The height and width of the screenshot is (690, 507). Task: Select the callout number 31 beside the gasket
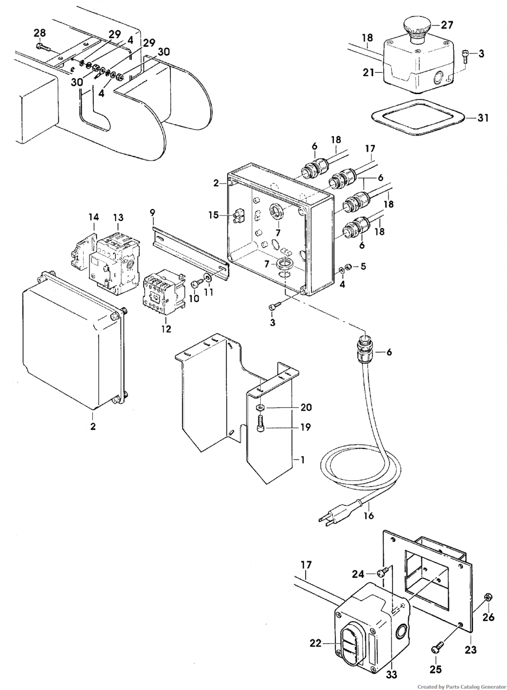click(x=482, y=118)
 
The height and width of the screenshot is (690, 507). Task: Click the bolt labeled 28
click(x=43, y=47)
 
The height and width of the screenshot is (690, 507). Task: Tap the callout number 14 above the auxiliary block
click(x=94, y=217)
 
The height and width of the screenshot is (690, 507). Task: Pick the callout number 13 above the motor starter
click(x=119, y=218)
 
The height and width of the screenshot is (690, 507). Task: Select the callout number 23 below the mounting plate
click(x=471, y=650)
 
